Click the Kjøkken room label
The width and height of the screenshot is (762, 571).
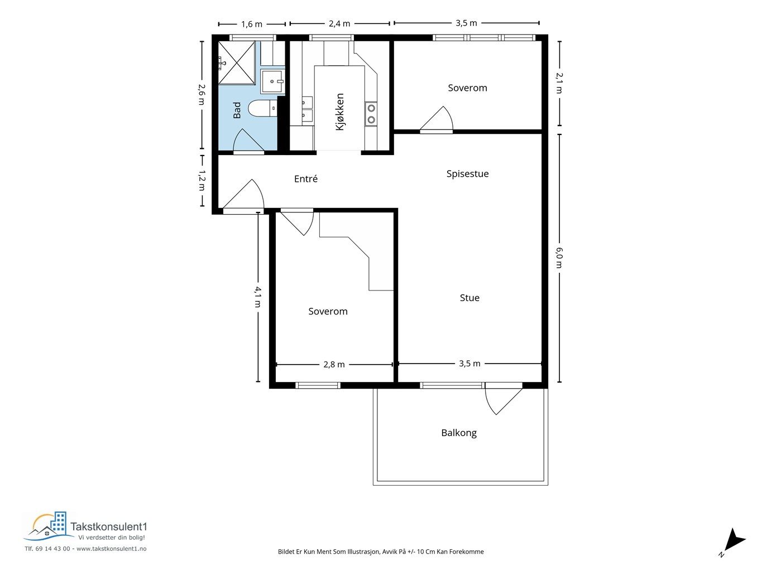(x=340, y=112)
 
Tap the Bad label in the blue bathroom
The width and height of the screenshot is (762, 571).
(x=237, y=110)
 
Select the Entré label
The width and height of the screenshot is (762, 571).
(x=306, y=178)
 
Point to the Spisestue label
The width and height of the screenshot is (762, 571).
(x=467, y=173)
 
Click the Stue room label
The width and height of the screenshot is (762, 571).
(x=469, y=298)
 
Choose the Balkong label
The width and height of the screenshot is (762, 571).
(x=459, y=433)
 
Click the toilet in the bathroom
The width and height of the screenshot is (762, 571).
(x=263, y=109)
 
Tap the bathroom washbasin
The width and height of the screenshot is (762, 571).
(x=272, y=82)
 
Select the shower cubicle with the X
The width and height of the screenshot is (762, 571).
(x=237, y=63)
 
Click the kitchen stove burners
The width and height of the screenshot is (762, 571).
(x=371, y=114)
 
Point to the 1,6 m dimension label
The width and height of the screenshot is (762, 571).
(x=252, y=25)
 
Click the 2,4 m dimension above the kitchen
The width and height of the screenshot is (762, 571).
(x=339, y=23)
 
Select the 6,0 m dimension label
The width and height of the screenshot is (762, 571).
(x=559, y=258)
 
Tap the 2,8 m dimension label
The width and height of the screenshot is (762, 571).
(x=334, y=364)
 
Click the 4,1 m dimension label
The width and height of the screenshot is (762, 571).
(x=258, y=297)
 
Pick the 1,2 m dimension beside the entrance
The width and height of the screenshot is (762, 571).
(x=202, y=180)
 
